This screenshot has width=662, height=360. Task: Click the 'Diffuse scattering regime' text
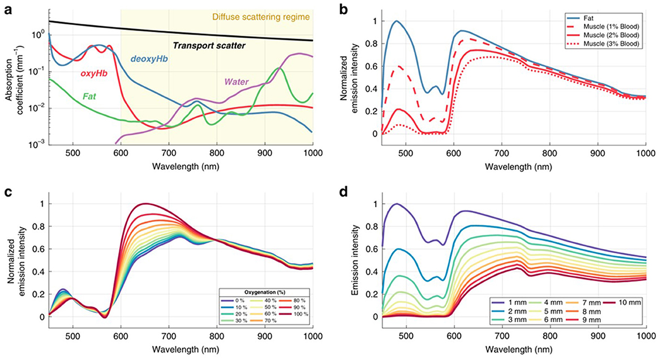coord(261,17)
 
